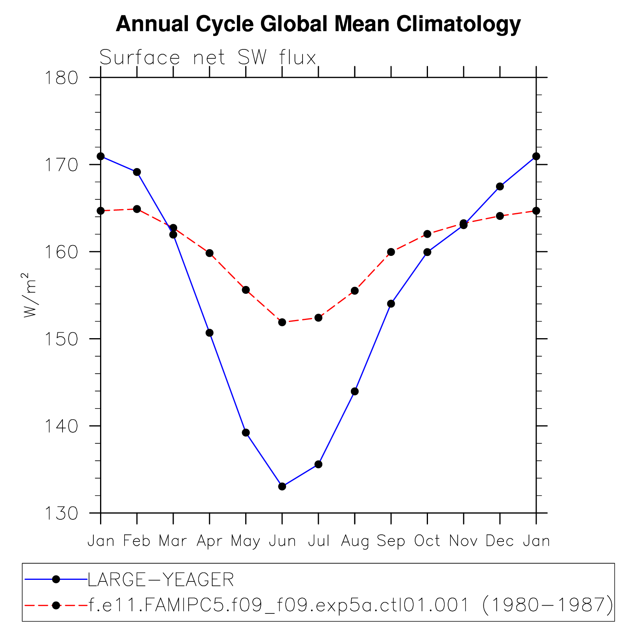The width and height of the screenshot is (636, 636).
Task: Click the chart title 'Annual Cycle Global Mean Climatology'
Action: [318, 25]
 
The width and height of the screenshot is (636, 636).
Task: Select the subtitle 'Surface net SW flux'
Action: [208, 58]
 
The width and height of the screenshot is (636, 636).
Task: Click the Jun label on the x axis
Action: [282, 541]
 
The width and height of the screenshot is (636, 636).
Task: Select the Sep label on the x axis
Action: [391, 541]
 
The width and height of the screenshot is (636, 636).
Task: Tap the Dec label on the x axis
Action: [500, 541]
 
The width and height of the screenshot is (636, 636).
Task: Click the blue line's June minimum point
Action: [282, 486]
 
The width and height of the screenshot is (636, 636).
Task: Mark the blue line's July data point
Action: [318, 464]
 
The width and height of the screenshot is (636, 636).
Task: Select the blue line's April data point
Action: [210, 333]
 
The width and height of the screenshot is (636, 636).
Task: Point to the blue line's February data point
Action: [137, 172]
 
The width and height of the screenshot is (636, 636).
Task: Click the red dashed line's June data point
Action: [282, 322]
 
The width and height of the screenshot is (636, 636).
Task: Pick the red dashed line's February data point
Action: [137, 209]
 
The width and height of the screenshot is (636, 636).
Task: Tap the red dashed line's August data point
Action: [355, 291]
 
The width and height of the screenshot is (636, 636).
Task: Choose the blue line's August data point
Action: [355, 392]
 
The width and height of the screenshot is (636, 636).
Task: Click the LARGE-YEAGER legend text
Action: [161, 580]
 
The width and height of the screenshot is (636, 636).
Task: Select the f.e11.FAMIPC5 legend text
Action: [350, 605]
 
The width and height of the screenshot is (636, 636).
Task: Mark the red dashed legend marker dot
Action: [56, 605]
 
